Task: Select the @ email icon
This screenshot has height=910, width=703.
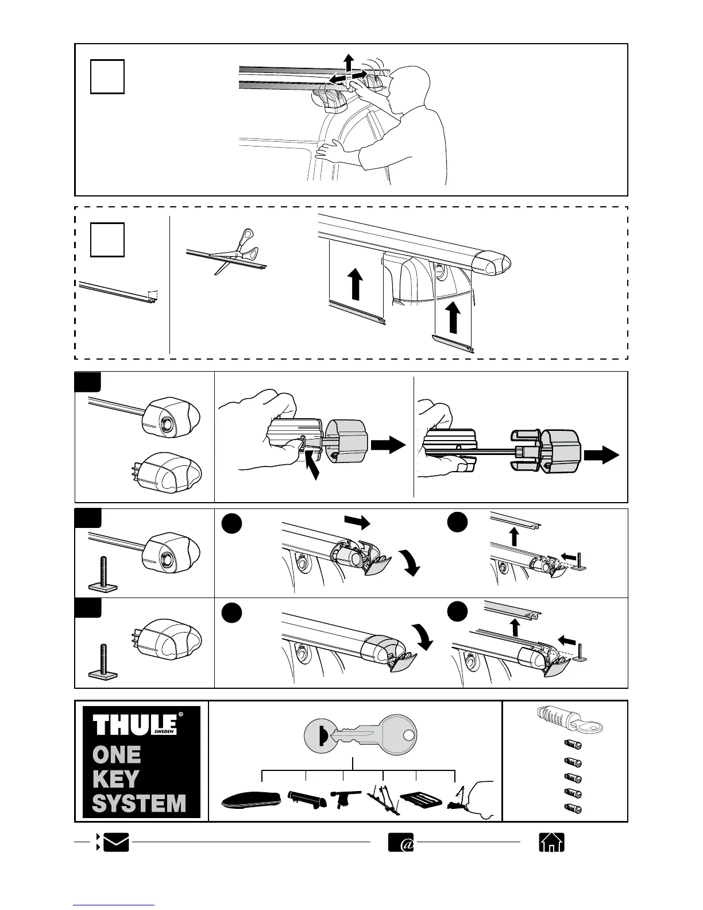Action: click(x=400, y=842)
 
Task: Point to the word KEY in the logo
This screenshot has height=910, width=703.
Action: click(x=115, y=778)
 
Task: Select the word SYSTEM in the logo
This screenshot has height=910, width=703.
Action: click(x=139, y=803)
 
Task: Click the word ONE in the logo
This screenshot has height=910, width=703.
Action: click(x=117, y=754)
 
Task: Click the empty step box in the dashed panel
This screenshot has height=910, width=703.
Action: click(x=107, y=239)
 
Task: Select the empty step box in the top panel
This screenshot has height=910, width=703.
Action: click(x=107, y=76)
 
